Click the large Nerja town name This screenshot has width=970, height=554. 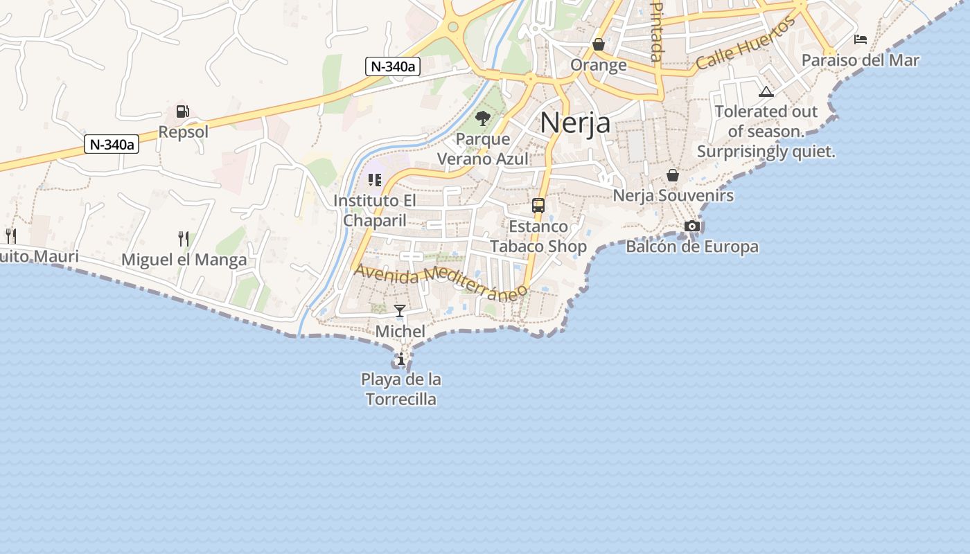click(x=575, y=123)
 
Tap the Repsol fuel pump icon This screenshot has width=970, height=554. click(x=182, y=111)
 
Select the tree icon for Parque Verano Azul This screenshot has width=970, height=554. click(x=483, y=118)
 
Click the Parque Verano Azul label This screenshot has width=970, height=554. click(x=483, y=149)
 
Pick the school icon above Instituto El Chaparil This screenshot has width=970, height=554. click(x=375, y=181)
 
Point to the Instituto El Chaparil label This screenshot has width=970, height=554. click(x=375, y=211)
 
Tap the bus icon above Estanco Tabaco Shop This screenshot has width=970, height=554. click(x=538, y=205)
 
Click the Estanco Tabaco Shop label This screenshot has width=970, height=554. click(x=538, y=236)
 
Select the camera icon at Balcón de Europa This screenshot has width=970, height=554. click(x=691, y=226)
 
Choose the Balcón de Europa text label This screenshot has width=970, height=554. click(x=691, y=247)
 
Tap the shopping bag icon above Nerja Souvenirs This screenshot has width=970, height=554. click(x=672, y=175)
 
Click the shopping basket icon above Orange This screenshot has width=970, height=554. click(x=599, y=45)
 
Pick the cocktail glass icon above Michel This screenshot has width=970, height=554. click(x=400, y=311)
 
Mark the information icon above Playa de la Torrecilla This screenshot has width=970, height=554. click(x=400, y=359)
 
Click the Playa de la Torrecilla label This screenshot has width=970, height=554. click(x=401, y=389)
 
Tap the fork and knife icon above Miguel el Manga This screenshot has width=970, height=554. click(x=184, y=239)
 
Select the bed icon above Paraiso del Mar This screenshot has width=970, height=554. click(x=861, y=39)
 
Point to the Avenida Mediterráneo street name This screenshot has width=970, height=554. click(x=440, y=280)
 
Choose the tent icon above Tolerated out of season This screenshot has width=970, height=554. click(x=766, y=91)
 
